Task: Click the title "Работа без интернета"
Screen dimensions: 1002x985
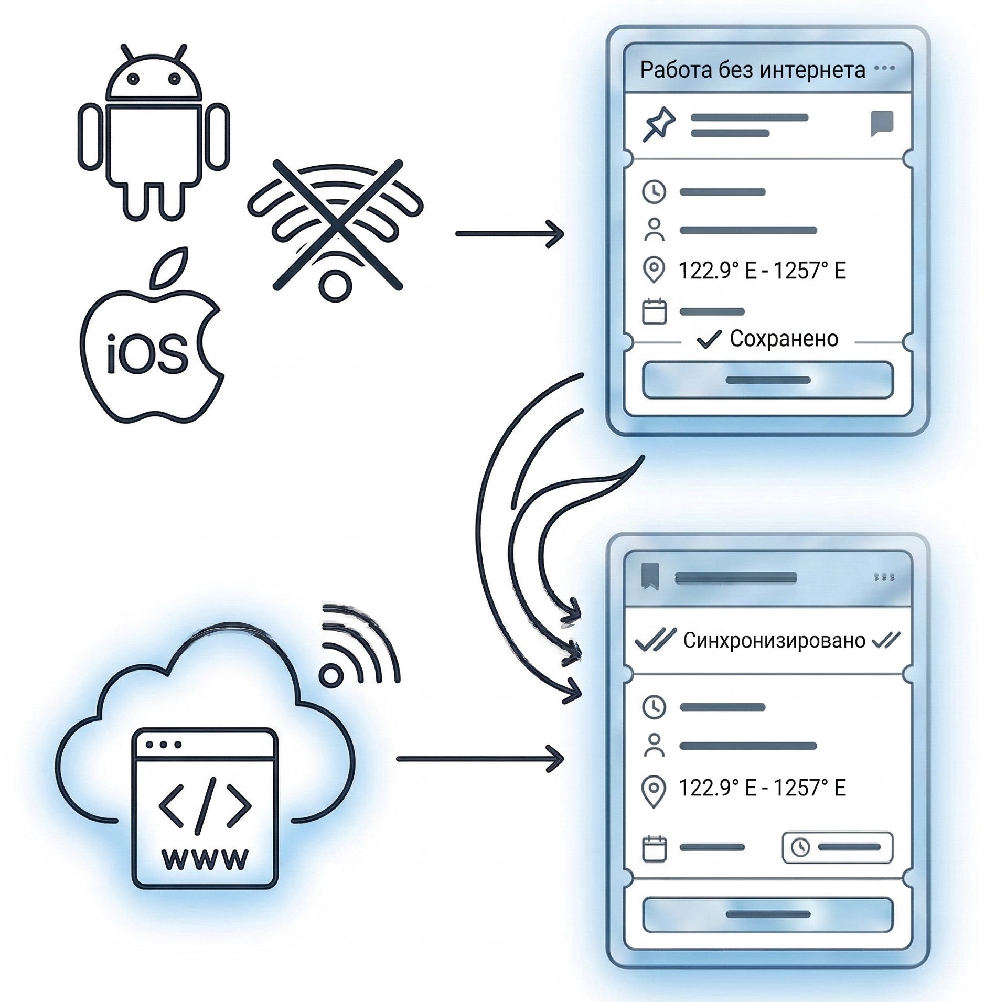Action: [752, 70]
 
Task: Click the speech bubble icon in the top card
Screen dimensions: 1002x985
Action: [882, 123]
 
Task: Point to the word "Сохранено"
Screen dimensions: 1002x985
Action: [784, 339]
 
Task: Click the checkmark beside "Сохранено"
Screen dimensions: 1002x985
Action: [709, 339]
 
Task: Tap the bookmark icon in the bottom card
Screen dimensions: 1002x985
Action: [649, 577]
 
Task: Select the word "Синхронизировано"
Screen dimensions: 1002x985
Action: [774, 640]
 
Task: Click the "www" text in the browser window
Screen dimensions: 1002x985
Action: [205, 859]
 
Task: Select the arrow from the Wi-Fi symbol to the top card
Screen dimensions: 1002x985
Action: [509, 234]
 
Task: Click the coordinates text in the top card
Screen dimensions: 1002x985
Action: [762, 271]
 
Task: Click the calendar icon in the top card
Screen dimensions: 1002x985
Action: [654, 311]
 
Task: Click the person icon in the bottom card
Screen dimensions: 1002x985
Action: [654, 745]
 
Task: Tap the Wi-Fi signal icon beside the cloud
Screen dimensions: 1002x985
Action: [357, 648]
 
